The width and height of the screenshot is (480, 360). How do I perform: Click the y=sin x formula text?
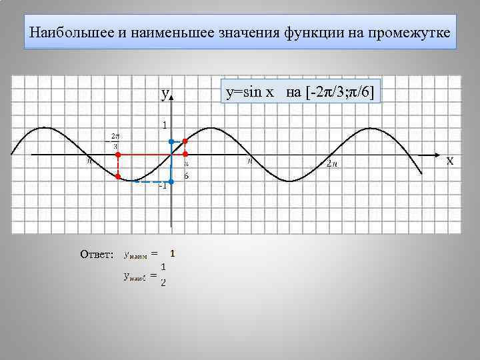coord(250,92)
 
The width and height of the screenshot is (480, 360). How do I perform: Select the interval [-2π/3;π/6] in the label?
coord(341,92)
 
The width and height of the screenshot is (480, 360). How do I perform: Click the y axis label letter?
coord(164,95)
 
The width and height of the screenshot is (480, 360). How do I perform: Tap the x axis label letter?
coord(450,161)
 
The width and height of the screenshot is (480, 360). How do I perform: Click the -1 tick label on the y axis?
coord(162,185)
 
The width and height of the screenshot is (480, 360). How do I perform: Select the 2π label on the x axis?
coord(332,164)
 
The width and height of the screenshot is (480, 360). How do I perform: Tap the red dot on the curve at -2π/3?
coord(117,177)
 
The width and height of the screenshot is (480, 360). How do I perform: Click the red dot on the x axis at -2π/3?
coord(117,155)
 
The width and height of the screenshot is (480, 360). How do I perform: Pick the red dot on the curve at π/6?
coord(185,141)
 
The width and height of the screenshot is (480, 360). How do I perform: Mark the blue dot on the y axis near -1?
coord(171,181)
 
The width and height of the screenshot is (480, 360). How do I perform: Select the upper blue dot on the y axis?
coord(171,141)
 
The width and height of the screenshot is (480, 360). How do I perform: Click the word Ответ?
coord(97,254)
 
